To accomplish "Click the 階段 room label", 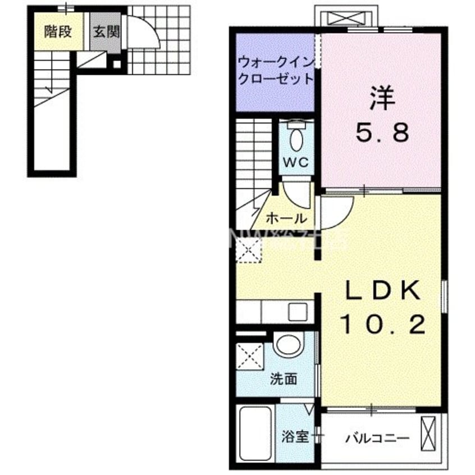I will pos(58,31).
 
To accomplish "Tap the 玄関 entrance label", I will pos(105,31).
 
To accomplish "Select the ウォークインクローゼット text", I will pos(275,70).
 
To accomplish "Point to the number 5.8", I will pos(382,134).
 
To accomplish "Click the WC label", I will pos(296,163).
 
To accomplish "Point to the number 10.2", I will pos(382,324).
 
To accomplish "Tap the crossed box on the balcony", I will pos(429,433).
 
